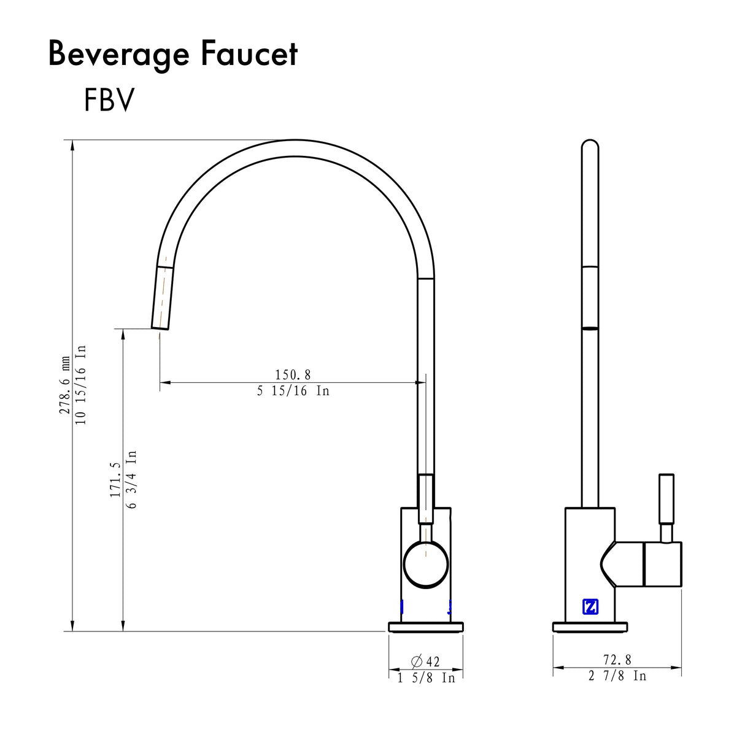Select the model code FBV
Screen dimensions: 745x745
point(109,101)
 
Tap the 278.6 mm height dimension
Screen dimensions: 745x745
point(65,385)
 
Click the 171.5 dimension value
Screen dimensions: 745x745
point(115,480)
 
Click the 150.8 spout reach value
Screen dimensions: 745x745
point(293,374)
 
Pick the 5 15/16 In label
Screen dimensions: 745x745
point(293,391)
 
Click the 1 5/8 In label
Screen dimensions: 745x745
point(426,678)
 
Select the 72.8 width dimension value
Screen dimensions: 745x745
point(617,660)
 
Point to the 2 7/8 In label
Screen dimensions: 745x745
point(617,676)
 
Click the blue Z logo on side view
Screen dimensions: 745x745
point(590,606)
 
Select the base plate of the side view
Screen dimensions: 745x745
point(590,627)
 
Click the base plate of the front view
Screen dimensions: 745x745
point(425,627)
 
